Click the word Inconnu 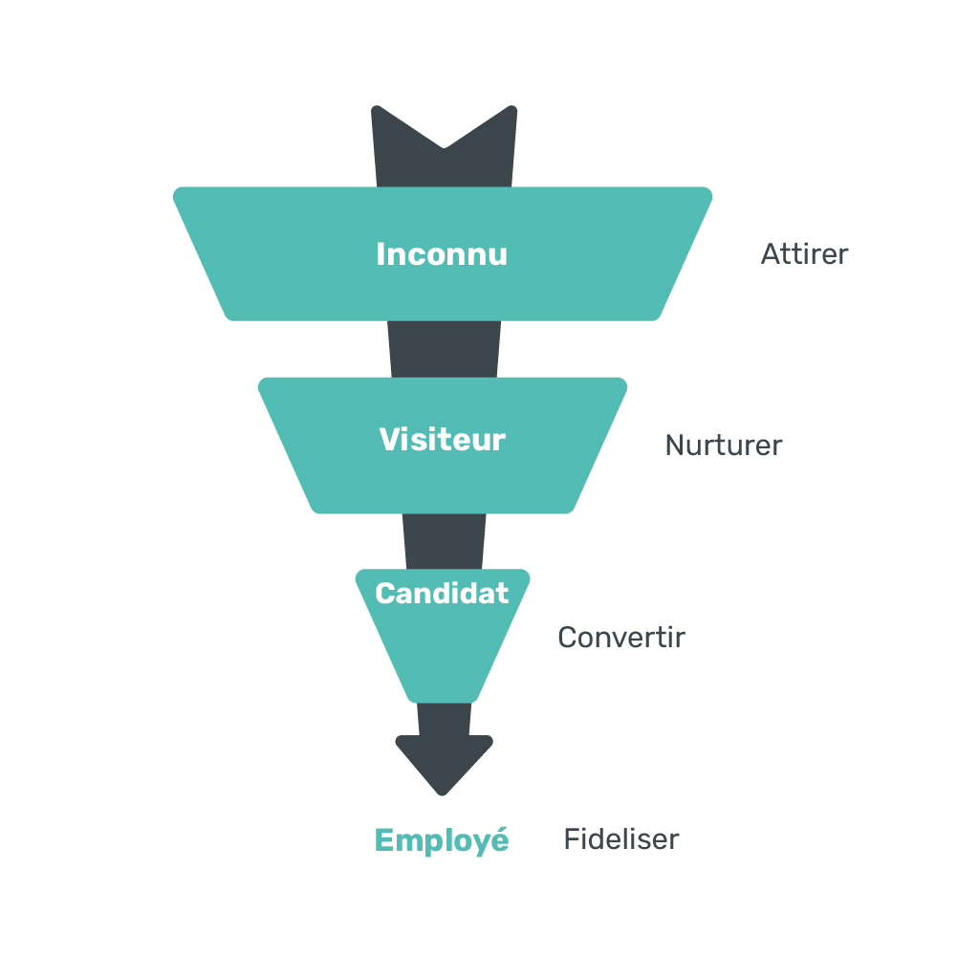point(442,254)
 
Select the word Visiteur point(443,439)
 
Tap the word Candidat point(442,594)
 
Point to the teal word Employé point(442,840)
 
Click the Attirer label point(804,254)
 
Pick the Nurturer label point(723,445)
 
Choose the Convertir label point(621,637)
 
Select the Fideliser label point(621,838)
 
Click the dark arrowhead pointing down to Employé point(444,763)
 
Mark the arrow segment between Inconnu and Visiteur point(444,349)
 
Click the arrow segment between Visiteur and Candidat point(444,541)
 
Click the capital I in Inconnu point(381,254)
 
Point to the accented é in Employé point(499,838)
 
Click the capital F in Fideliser point(572,838)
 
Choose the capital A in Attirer point(772,254)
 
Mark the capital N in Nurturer point(675,445)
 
